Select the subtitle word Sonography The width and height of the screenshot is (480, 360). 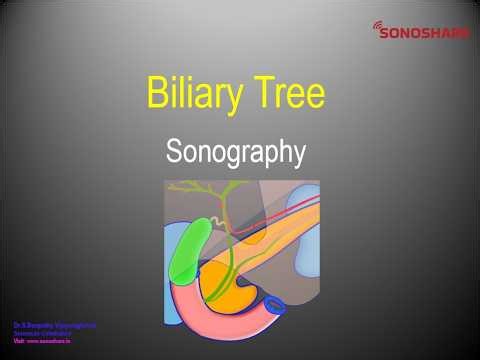point(234,153)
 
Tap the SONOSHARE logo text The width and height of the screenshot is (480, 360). point(425,32)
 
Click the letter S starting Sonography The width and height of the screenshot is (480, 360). point(174,153)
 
